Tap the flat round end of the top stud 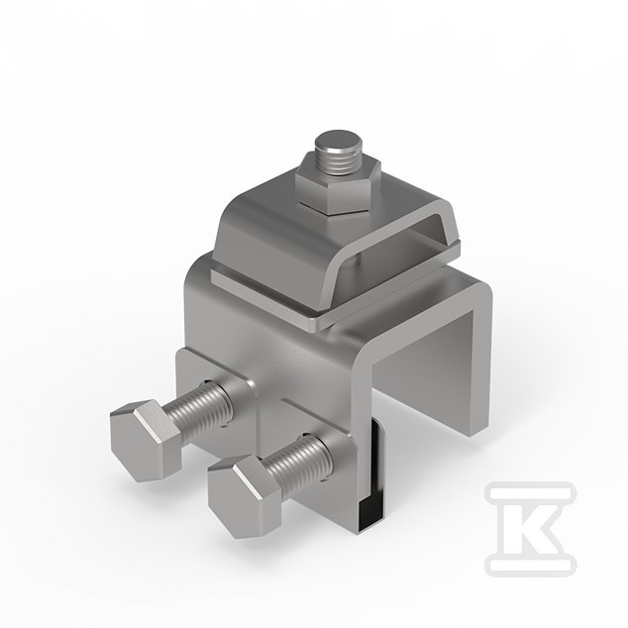tap(338, 141)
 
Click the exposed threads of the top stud tap(339, 160)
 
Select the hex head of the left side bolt tap(146, 440)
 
